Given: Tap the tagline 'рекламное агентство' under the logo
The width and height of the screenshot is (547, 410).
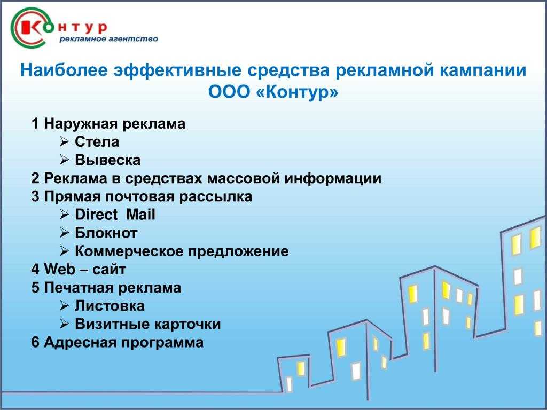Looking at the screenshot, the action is pos(108,38).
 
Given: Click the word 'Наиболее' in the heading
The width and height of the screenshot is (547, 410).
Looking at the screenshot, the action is pos(64,70).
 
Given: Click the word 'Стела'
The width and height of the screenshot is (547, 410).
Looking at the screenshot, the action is pos(97,142).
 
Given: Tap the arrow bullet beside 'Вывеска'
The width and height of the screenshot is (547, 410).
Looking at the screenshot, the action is pos(64,160).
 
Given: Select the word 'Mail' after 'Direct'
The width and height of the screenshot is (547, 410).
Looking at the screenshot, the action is pos(140,215).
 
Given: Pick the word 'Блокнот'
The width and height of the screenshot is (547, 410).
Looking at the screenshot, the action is pos(106,233).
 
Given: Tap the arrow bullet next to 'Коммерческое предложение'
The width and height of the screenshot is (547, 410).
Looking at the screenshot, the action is pos(64,251).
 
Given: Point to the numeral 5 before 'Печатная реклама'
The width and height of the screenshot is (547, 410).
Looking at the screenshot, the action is pos(35,288).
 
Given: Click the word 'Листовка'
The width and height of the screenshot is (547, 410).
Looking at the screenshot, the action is pos(110,306).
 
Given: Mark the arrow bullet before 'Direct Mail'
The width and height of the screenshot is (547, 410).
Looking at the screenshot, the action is pos(64,215).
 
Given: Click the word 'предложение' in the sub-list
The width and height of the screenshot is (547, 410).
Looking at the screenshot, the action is pos(238,251).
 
